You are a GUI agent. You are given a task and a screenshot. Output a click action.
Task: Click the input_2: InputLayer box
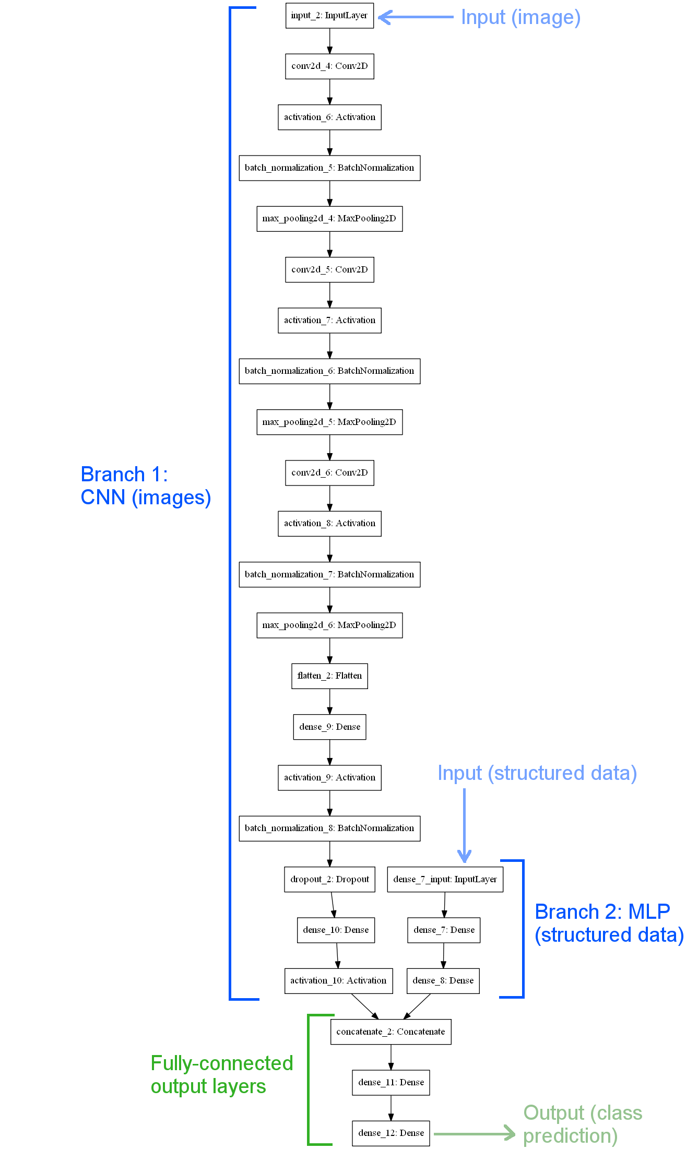click(x=329, y=16)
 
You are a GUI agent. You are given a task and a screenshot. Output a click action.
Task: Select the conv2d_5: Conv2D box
click(x=329, y=269)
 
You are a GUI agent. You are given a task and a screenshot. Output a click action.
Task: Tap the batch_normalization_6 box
click(x=329, y=371)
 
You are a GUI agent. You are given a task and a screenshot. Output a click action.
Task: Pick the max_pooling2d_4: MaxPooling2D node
click(x=329, y=219)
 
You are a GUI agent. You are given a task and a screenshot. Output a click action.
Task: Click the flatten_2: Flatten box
click(x=329, y=676)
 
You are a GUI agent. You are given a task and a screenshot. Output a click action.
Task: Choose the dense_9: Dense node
click(x=329, y=727)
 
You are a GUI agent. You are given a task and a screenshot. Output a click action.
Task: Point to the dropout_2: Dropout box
click(x=329, y=879)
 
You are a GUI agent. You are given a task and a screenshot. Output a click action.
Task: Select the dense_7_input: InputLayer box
click(x=445, y=879)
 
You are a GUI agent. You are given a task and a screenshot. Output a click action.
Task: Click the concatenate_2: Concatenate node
click(x=391, y=1032)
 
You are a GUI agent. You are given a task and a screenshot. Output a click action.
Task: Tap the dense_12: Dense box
click(x=391, y=1133)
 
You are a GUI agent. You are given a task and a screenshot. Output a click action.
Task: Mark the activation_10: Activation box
click(x=338, y=980)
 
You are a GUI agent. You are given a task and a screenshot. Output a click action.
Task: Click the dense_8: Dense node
click(x=443, y=980)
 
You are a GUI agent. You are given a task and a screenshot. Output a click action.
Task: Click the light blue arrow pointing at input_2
click(x=415, y=17)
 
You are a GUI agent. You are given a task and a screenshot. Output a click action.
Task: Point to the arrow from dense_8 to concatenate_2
click(x=417, y=1006)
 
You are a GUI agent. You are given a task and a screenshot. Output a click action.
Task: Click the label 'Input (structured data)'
click(x=537, y=773)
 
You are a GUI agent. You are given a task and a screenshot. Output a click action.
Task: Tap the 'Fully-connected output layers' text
click(x=221, y=1075)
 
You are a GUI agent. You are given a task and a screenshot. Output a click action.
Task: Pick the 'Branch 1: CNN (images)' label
click(x=146, y=486)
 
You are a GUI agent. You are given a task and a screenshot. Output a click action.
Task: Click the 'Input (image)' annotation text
click(x=520, y=17)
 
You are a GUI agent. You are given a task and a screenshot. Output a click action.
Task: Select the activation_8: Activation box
click(x=329, y=524)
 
